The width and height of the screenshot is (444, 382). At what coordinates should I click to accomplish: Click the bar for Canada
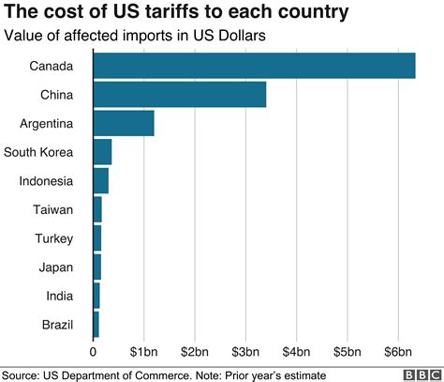pyautogui.click(x=254, y=66)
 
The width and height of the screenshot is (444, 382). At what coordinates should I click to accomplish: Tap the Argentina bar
pyautogui.click(x=124, y=123)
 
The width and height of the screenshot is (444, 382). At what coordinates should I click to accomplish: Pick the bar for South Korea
pyautogui.click(x=102, y=152)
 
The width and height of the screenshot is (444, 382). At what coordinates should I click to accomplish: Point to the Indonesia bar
pyautogui.click(x=101, y=180)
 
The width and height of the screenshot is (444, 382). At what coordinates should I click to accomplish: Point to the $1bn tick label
pyautogui.click(x=143, y=353)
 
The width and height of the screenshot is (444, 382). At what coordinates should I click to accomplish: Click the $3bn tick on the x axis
pyautogui.click(x=245, y=353)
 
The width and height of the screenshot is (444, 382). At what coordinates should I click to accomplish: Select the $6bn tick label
pyautogui.click(x=398, y=353)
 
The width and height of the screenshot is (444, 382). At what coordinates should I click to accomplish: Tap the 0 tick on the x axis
pyautogui.click(x=94, y=353)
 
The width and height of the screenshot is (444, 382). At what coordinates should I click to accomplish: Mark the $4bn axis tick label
pyautogui.click(x=296, y=353)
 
